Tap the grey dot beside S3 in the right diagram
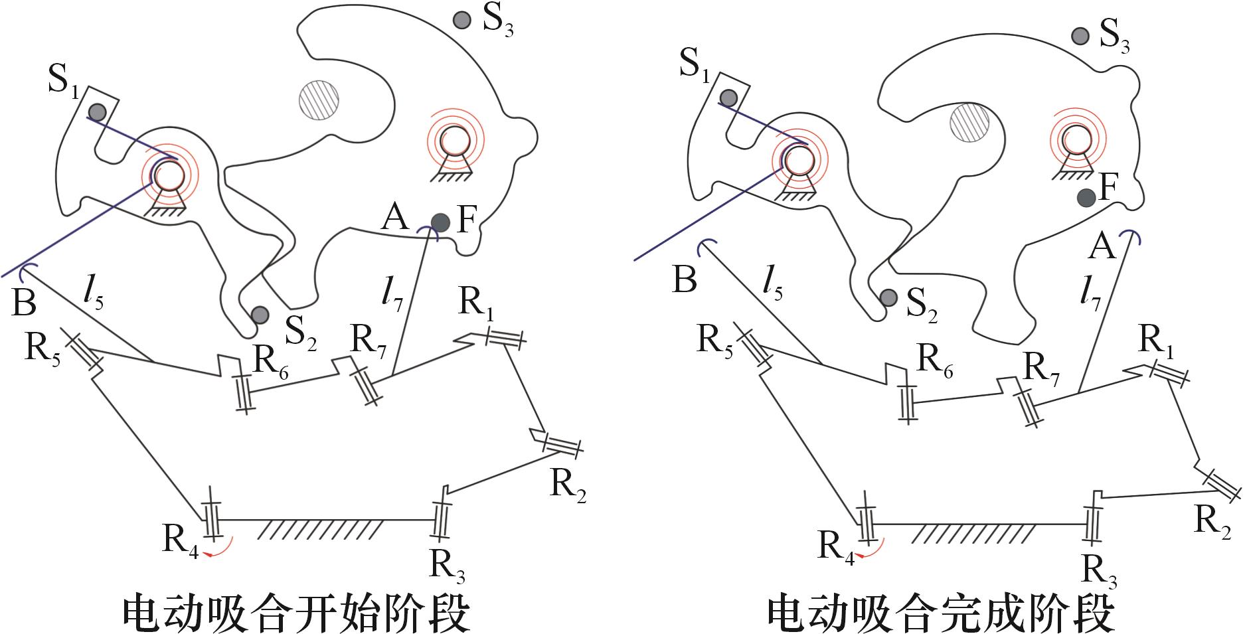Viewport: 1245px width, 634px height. tap(1080, 35)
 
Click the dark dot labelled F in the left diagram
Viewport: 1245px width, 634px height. tap(440, 222)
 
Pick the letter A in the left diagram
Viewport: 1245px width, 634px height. tap(395, 217)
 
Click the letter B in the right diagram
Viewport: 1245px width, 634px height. tap(685, 279)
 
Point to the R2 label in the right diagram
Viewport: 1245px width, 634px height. tap(1212, 522)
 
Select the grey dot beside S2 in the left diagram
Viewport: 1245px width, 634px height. tap(259, 314)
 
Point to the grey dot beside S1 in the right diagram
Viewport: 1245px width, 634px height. tap(728, 98)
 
